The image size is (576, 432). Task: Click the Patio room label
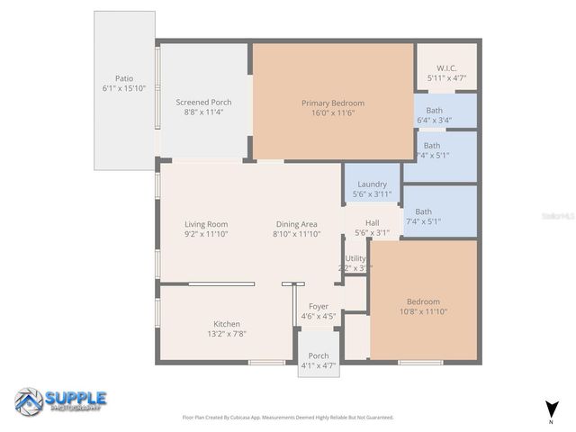[x=123, y=78]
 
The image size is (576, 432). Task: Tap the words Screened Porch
[x=203, y=103]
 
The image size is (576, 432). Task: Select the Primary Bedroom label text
[x=332, y=103]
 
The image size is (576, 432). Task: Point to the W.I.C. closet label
[x=446, y=68]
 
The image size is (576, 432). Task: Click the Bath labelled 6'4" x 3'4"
[x=434, y=111]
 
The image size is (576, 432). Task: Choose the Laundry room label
[x=372, y=184]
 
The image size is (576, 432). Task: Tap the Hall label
[x=372, y=222]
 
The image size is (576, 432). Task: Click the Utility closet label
[x=355, y=258]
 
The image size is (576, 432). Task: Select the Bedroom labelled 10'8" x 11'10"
[x=422, y=301]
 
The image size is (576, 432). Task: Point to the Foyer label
[x=318, y=306]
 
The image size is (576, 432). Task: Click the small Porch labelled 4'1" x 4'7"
[x=318, y=355]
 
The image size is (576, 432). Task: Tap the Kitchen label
[x=226, y=324]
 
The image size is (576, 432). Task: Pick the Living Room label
[x=206, y=224]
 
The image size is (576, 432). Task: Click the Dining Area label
[x=296, y=224]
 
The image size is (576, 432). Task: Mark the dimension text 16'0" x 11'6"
[x=332, y=113]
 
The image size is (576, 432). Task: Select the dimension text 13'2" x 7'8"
[x=226, y=334]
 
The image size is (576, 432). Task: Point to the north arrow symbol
[x=550, y=409]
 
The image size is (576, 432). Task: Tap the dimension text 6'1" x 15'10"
[x=123, y=88]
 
